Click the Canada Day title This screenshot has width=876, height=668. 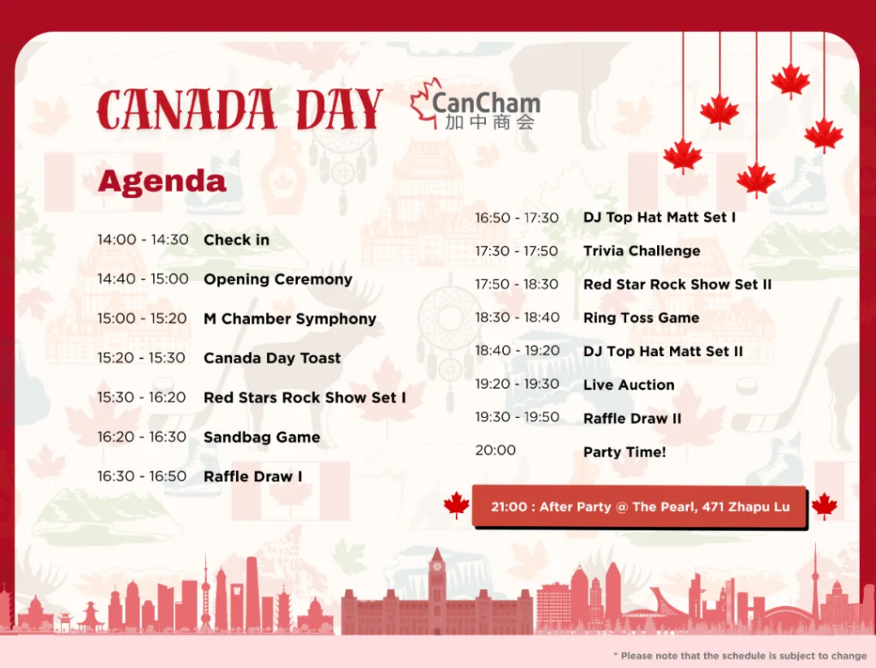coord(240,109)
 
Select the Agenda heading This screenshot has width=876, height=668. coord(162,182)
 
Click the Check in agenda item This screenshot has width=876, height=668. coord(236,240)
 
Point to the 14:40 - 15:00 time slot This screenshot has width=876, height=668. coord(143,278)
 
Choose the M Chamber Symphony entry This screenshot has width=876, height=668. coord(290,319)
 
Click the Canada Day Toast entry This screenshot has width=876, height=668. coord(272,358)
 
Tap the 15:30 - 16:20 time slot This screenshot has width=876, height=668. coord(141,397)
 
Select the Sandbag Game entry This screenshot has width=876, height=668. coord(262,437)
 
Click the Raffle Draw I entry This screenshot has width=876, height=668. coord(253,477)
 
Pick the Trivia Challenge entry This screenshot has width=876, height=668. coord(642,251)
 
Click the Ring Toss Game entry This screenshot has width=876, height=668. coord(642,318)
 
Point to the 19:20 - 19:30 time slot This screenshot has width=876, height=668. coord(518,384)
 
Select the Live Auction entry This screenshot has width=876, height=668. coord(629,385)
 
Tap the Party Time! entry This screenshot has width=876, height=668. coord(624,452)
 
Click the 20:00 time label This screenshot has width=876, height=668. coord(495,450)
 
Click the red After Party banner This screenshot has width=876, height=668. coord(640,507)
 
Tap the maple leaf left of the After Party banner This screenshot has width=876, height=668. coord(457,504)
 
